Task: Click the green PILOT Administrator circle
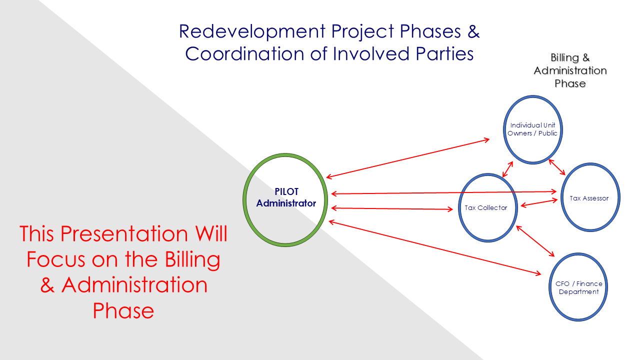(285, 199)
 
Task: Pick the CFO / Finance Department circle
(578, 287)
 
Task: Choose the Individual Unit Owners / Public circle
(532, 129)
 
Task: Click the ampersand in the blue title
(473, 31)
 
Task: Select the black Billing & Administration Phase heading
(570, 70)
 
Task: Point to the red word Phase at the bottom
(123, 310)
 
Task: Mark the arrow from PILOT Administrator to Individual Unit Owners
(408, 158)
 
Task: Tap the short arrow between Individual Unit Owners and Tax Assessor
(557, 167)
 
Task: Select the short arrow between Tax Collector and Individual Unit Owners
(507, 169)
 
